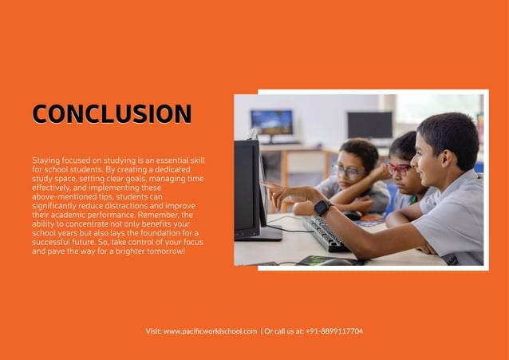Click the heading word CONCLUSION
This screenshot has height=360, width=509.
pos(112,114)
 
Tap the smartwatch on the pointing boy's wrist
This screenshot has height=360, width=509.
pos(322,208)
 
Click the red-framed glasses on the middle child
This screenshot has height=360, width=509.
pos(399,169)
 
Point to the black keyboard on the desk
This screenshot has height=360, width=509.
pos(326,233)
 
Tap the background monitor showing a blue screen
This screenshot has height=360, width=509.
pos(272,123)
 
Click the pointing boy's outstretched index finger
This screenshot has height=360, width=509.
pos(266,185)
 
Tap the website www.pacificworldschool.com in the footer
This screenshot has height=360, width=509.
pos(210,330)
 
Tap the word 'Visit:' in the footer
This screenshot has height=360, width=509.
pos(153,330)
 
